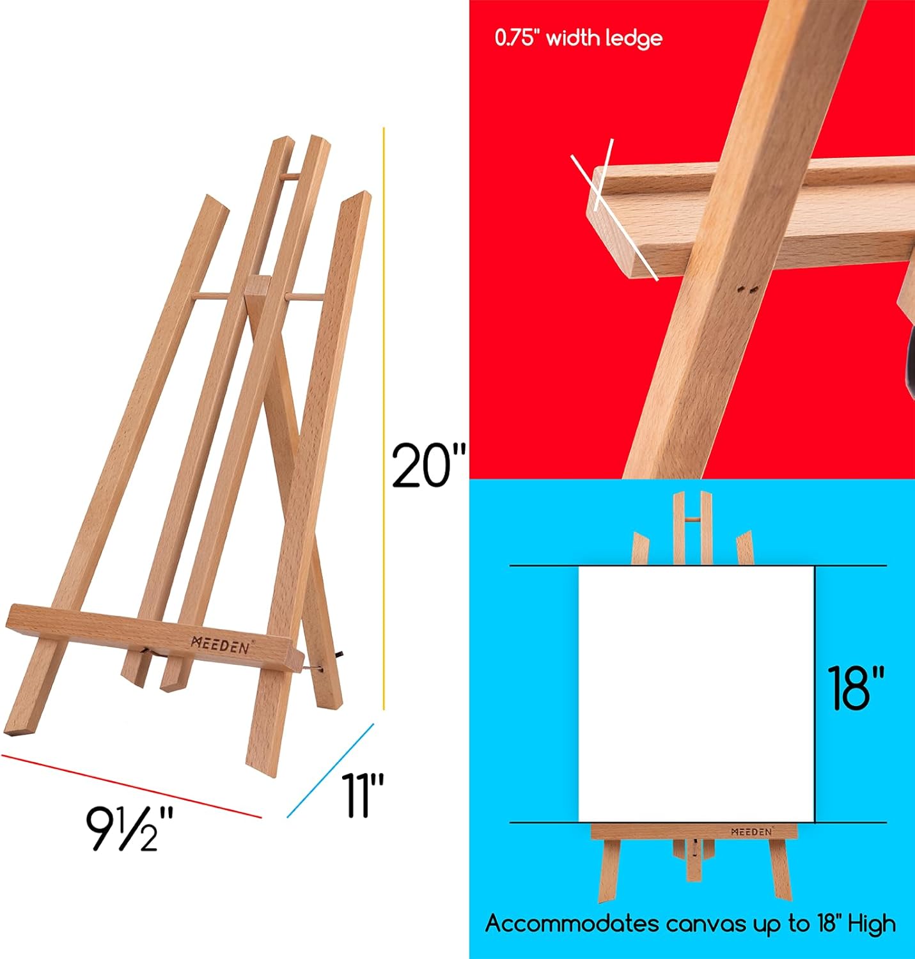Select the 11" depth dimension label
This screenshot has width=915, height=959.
click(362, 795)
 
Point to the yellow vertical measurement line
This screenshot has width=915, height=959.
click(384, 416)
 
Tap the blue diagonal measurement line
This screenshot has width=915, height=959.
click(330, 770)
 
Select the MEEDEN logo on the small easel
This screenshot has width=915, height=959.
click(751, 832)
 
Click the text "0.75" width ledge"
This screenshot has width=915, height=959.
click(578, 38)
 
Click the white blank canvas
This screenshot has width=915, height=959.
click(696, 694)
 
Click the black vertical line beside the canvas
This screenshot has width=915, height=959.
click(815, 694)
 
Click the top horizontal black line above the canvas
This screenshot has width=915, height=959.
click(697, 566)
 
